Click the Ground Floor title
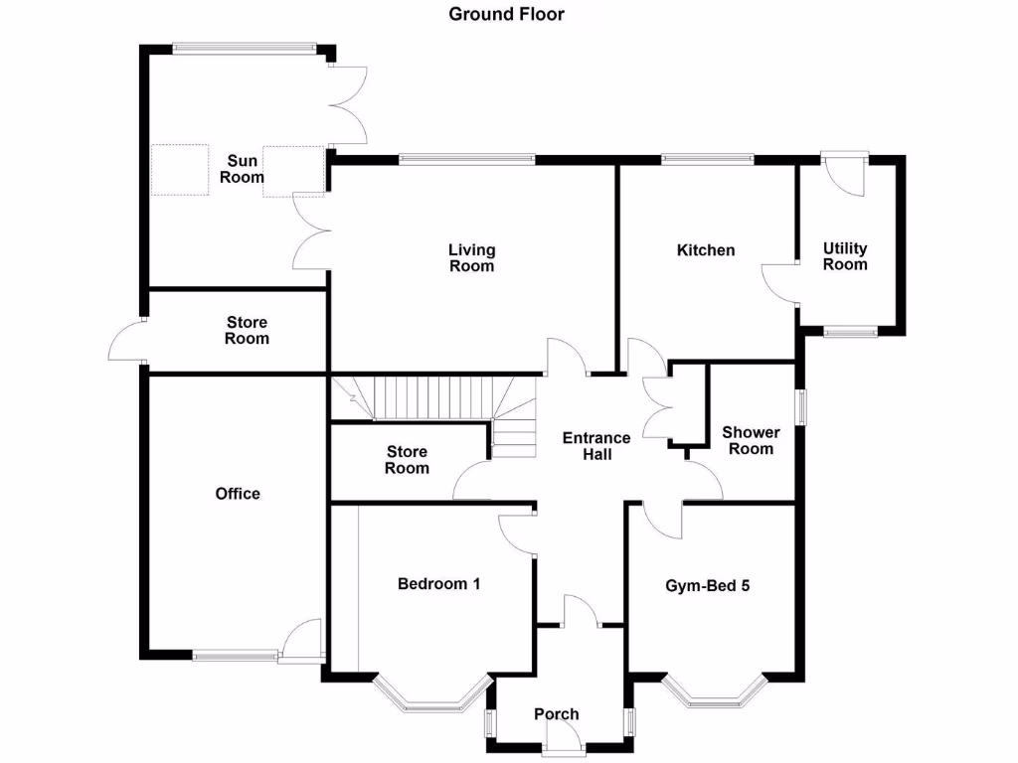507,14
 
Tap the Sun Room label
244,170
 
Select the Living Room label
471,258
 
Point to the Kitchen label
706,250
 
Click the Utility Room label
845,256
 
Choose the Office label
238,494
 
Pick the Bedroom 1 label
438,584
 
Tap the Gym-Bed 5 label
707,586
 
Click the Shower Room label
751,441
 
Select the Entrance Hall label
596,446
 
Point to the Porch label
556,714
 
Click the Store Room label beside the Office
407,460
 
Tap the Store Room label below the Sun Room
247,331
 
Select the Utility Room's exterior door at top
846,169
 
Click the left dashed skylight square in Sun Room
180,171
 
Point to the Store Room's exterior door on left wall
126,343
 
